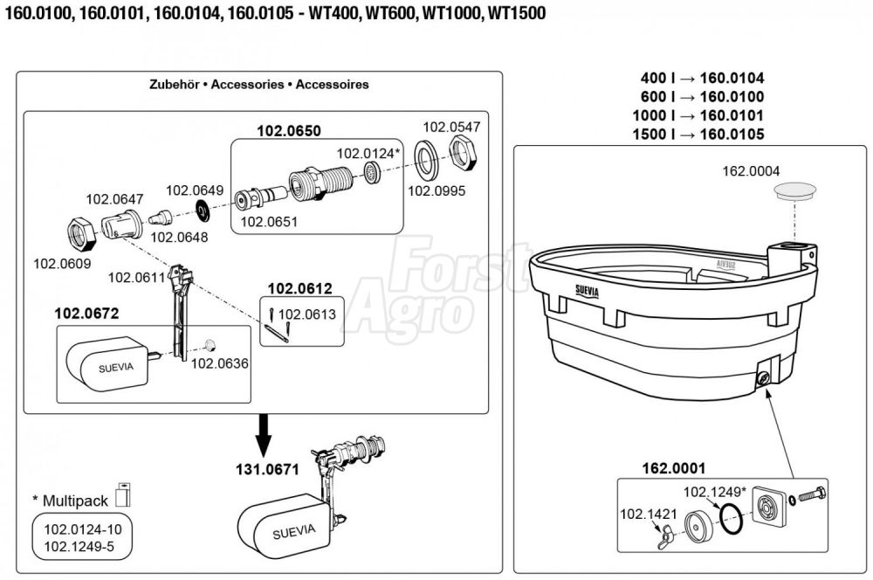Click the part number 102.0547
click(x=451, y=127)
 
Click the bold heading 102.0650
click(x=288, y=131)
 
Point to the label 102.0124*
click(x=368, y=153)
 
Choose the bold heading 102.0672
click(x=86, y=312)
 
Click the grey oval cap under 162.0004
click(x=795, y=190)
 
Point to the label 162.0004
click(x=751, y=170)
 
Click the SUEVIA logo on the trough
click(x=586, y=290)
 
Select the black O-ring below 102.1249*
click(x=730, y=521)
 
